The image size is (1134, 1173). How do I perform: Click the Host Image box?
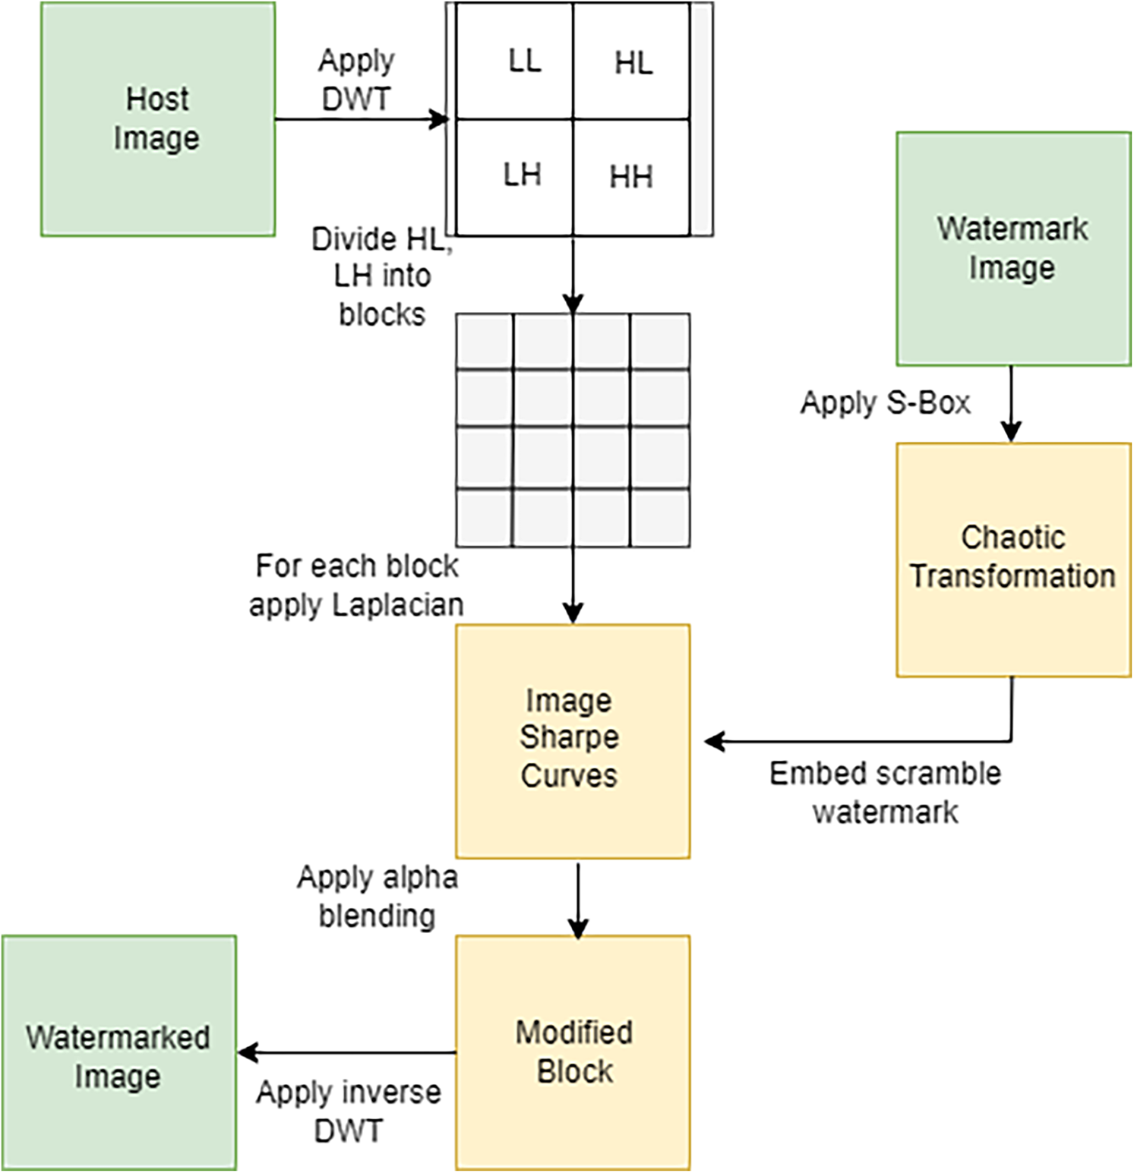[158, 119]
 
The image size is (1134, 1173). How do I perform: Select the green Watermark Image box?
[1013, 249]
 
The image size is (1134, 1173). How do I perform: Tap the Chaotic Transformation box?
[1013, 560]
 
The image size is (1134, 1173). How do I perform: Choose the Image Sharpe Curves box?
[573, 741]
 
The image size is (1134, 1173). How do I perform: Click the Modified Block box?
[573, 1052]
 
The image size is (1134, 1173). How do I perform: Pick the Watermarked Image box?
[119, 1052]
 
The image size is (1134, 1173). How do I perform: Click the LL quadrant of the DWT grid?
[515, 61]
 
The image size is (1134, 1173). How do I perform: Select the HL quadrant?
[632, 61]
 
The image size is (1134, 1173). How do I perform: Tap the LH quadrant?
[515, 178]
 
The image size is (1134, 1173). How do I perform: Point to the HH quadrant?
[632, 178]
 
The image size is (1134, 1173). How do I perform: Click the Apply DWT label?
[356, 80]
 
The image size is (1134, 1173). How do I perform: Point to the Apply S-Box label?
[886, 402]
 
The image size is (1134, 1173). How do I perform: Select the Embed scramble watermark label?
[885, 793]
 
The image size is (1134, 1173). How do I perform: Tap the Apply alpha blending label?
[377, 897]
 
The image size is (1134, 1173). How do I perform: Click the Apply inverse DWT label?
[349, 1112]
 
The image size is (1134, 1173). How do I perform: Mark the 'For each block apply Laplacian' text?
[356, 585]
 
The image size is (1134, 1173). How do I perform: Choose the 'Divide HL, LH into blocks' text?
[382, 276]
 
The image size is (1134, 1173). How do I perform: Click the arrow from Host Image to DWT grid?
[362, 119]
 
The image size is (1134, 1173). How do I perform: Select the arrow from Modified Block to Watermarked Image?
[346, 1052]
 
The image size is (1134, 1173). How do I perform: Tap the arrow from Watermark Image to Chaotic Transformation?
[1011, 404]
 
